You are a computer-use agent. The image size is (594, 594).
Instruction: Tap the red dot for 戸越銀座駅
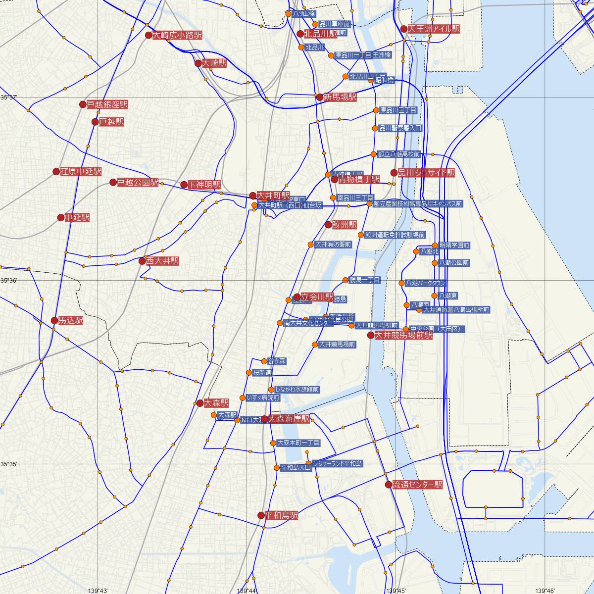click(x=83, y=104)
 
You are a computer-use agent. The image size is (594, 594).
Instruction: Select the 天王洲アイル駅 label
click(x=434, y=29)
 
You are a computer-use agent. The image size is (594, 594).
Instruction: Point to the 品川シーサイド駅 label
click(x=426, y=173)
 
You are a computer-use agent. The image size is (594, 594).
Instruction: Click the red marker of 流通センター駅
click(x=388, y=485)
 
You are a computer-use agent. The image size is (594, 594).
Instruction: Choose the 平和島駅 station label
click(x=282, y=515)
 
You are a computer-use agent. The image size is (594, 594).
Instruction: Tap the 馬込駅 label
click(x=71, y=321)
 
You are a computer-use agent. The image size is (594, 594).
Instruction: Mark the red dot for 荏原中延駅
click(x=56, y=172)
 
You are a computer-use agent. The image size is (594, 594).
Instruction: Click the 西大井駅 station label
click(x=162, y=261)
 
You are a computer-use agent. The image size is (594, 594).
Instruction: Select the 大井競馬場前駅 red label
click(x=403, y=335)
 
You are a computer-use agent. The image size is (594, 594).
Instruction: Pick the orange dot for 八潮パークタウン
click(x=402, y=283)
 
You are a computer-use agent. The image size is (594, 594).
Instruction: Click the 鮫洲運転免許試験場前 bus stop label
click(x=395, y=235)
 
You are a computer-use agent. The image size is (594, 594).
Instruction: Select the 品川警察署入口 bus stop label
click(x=400, y=128)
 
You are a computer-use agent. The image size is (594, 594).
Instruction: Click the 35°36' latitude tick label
click(x=8, y=281)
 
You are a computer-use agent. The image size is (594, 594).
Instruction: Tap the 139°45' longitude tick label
click(x=396, y=590)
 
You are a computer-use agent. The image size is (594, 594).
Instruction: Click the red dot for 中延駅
click(x=61, y=217)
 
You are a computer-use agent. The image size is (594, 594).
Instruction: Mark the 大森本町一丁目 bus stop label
click(x=298, y=443)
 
